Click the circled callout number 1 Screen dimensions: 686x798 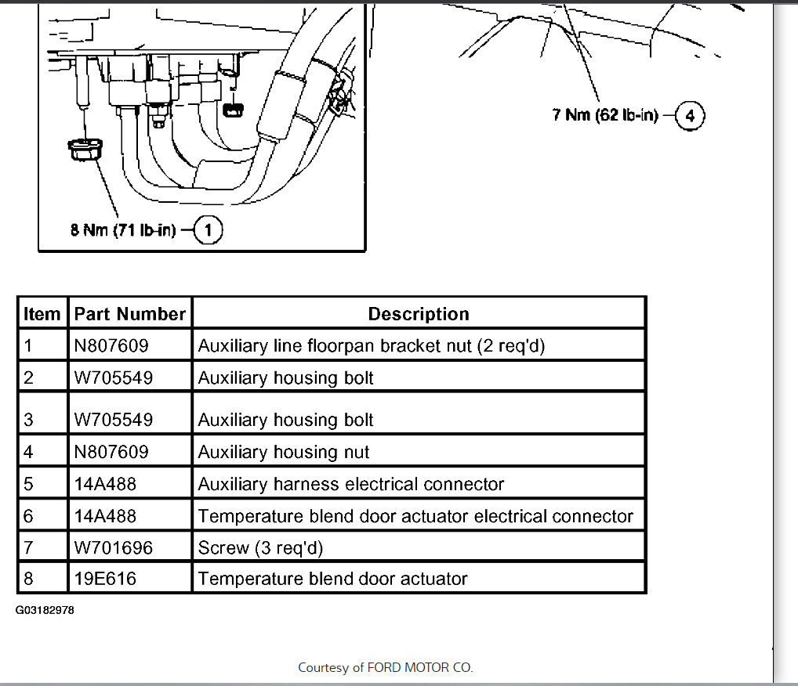point(208,231)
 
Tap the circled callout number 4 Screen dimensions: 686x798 point(690,117)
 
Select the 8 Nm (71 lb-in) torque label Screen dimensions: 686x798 point(123,231)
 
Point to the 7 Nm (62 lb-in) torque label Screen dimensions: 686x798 point(604,116)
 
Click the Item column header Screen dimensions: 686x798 point(42,314)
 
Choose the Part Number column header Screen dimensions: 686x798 point(129,314)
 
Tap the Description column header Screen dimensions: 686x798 point(419,314)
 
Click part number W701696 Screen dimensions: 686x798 point(113,547)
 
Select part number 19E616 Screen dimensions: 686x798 point(105,579)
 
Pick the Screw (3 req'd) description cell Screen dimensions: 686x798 point(260,547)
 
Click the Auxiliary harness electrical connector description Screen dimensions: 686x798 point(350,484)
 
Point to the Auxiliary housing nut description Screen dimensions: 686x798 point(283,452)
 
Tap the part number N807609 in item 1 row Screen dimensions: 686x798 point(111,345)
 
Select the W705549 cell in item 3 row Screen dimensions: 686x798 point(113,420)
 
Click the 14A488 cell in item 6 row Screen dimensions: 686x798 point(105,516)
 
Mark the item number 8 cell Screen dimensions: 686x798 point(29,579)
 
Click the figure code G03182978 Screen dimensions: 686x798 point(45,609)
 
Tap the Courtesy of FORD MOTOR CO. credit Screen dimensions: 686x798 point(385,668)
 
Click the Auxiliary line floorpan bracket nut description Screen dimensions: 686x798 point(371,345)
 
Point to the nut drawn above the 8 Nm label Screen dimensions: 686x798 point(82,149)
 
